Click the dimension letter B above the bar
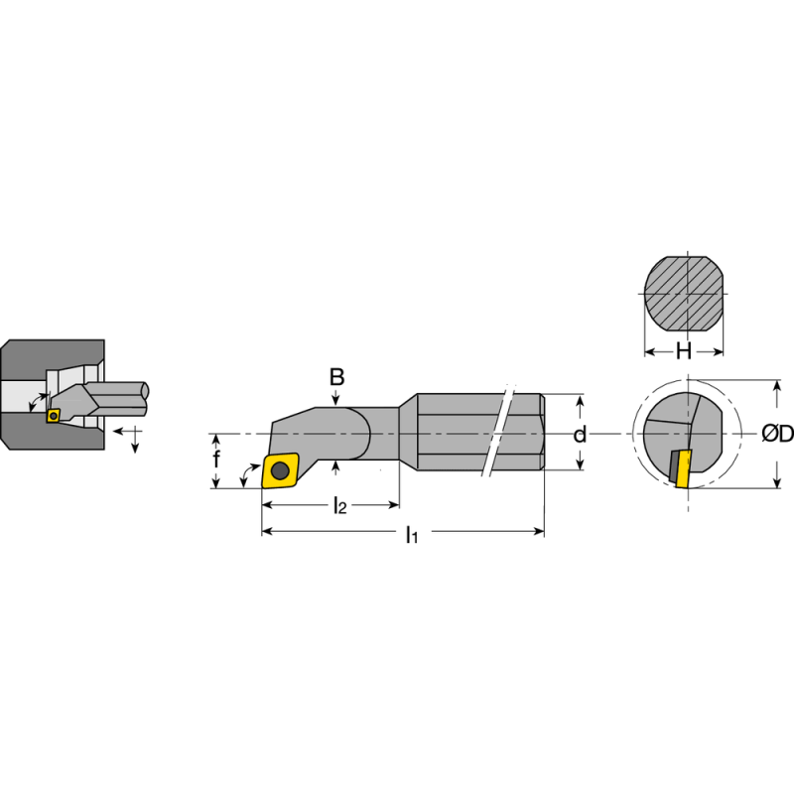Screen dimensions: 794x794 click(x=337, y=377)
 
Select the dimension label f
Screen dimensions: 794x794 click(x=217, y=460)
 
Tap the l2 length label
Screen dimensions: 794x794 click(x=338, y=507)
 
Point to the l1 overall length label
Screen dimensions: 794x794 click(x=411, y=536)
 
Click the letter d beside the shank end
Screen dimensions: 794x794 click(x=581, y=434)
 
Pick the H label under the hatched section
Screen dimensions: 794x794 click(x=684, y=351)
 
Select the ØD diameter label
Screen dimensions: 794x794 click(x=777, y=434)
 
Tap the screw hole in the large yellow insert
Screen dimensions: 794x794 click(x=280, y=470)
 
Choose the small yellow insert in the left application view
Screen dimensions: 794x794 click(x=54, y=416)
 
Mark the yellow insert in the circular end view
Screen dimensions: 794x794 click(x=682, y=468)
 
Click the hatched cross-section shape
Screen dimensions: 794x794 click(x=684, y=294)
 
